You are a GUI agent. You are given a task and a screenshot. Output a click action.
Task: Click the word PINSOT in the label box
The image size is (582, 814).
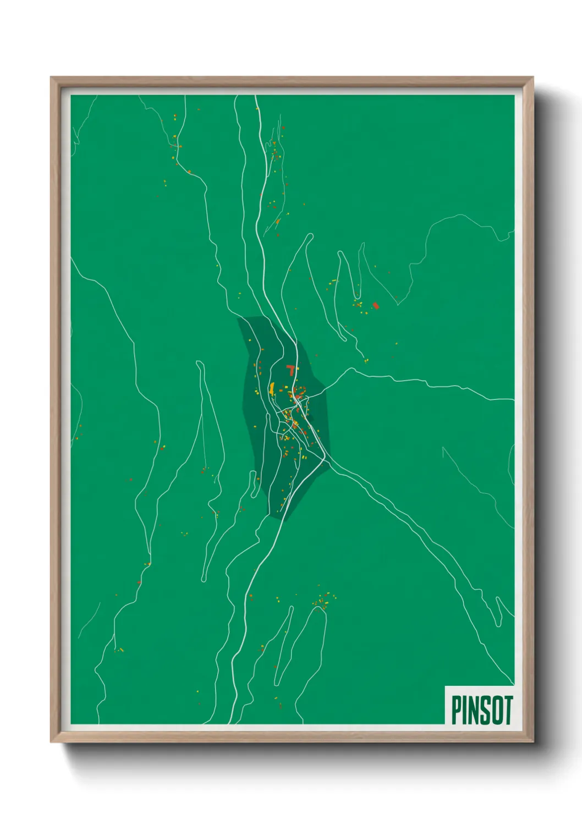[482, 710]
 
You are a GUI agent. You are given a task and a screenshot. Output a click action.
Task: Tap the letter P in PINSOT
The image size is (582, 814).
[457, 710]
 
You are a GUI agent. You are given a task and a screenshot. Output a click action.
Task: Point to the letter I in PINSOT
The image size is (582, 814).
[466, 710]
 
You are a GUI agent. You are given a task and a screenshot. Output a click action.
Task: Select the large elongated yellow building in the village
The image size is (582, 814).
[272, 388]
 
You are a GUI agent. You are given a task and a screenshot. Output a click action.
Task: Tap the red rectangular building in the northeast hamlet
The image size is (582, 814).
[376, 305]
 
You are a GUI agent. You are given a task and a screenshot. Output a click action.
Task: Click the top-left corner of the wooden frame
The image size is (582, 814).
[52, 78]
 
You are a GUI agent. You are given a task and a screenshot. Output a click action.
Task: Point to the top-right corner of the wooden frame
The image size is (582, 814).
[532, 78]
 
